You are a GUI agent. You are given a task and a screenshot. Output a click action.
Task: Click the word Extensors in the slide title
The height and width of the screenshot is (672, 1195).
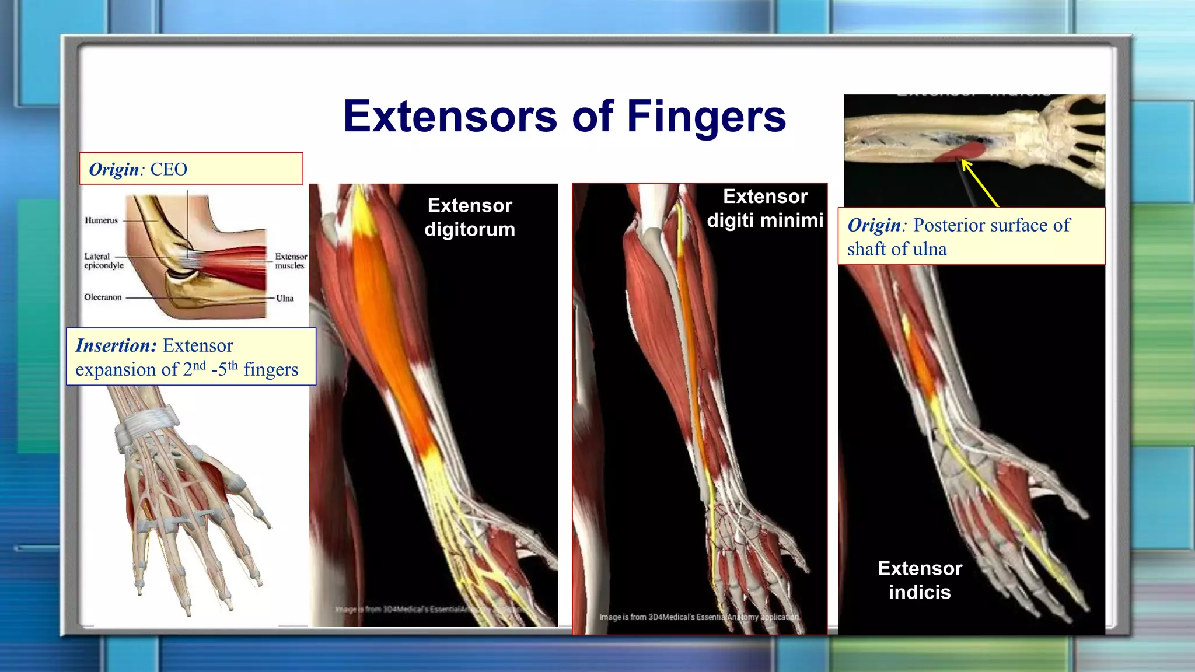coord(450,117)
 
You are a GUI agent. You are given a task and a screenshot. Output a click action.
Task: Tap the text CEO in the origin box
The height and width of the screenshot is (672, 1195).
coord(169,170)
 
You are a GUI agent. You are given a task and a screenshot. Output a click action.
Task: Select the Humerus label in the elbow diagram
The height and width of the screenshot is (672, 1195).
coord(101,220)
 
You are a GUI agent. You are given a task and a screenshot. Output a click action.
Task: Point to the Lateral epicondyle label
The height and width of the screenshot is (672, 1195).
coord(103,261)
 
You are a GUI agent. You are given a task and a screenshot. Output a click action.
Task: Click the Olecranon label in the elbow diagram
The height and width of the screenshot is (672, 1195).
coord(103,297)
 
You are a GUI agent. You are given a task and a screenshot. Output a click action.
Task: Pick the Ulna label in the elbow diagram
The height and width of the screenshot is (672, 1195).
coord(285,298)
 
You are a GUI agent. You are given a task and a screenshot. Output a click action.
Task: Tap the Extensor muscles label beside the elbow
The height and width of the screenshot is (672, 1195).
coord(291,261)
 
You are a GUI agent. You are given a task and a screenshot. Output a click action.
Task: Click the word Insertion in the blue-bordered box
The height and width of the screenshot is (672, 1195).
coord(116,346)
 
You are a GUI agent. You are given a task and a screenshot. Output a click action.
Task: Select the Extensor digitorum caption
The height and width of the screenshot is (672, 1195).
coord(470,217)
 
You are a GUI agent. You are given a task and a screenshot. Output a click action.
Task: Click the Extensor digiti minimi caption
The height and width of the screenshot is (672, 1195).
coord(765,208)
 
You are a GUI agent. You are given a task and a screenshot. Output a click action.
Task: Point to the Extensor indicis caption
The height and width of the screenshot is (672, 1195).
coord(920,580)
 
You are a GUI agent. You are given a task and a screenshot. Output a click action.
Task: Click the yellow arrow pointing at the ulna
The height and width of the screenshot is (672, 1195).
coord(980,183)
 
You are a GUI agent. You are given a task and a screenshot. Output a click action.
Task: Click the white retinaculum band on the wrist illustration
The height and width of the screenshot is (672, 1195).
coord(146,423)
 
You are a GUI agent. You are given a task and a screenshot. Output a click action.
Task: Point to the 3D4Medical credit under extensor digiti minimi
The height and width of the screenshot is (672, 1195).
coord(698,617)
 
